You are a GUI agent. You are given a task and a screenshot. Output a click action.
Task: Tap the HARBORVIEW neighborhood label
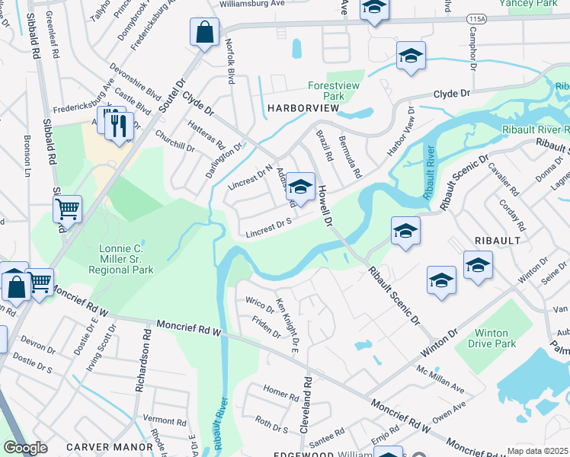(303, 109)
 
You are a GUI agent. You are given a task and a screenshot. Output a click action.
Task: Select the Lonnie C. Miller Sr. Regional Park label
(126, 259)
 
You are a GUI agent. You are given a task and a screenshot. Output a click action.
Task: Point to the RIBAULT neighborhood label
(498, 240)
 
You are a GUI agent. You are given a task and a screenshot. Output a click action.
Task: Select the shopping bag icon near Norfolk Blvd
(204, 34)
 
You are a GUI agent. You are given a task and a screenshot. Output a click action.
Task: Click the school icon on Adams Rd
(300, 187)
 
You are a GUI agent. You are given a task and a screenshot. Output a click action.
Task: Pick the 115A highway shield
(477, 18)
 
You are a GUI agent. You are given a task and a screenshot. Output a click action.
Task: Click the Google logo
(25, 448)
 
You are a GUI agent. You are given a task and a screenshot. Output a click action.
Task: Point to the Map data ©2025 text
(537, 451)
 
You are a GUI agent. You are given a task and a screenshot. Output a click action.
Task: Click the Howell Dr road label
(326, 205)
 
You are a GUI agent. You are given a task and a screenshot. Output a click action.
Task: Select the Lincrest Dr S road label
(270, 228)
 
